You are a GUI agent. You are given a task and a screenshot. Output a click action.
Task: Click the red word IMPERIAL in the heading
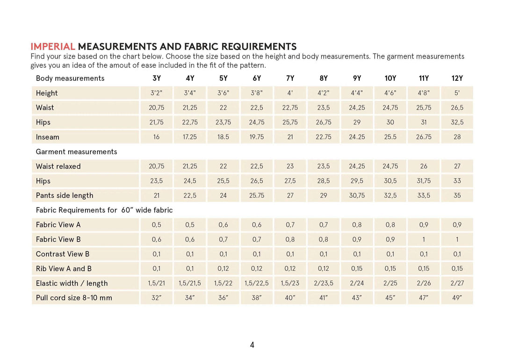pos(52,47)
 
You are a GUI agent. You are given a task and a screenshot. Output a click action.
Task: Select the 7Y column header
pos(290,78)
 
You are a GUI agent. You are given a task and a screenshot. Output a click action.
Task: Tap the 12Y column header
pos(457,78)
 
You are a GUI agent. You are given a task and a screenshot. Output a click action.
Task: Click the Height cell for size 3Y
pos(156,93)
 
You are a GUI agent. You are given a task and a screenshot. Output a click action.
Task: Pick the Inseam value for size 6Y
pos(256,137)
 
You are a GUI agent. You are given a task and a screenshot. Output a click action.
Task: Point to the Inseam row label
pos(48,137)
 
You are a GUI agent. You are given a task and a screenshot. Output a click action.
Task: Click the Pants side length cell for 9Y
pos(357,195)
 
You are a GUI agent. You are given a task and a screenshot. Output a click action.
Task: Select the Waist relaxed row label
pos(58,166)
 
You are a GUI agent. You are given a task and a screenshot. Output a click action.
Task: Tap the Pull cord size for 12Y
pos(457,298)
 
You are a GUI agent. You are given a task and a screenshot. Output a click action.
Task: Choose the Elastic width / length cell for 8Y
pos(323,283)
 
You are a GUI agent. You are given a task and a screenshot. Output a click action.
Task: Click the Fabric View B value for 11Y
pos(424,239)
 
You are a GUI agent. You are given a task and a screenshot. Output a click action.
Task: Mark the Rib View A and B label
pos(64,269)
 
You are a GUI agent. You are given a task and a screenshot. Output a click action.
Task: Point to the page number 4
pos(252,345)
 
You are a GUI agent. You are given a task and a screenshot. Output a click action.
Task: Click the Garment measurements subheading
pos(76,151)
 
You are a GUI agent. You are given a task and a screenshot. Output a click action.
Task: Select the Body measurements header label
pos(70,78)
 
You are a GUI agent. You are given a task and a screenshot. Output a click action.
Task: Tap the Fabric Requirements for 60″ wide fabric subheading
pos(104,210)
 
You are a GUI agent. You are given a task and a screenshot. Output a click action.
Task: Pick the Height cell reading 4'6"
pos(390,93)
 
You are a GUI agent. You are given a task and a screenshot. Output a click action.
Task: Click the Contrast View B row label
pos(63,254)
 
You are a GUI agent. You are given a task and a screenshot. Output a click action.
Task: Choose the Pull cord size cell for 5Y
pos(223,298)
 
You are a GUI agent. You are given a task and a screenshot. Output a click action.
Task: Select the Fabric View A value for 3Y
pos(156,225)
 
